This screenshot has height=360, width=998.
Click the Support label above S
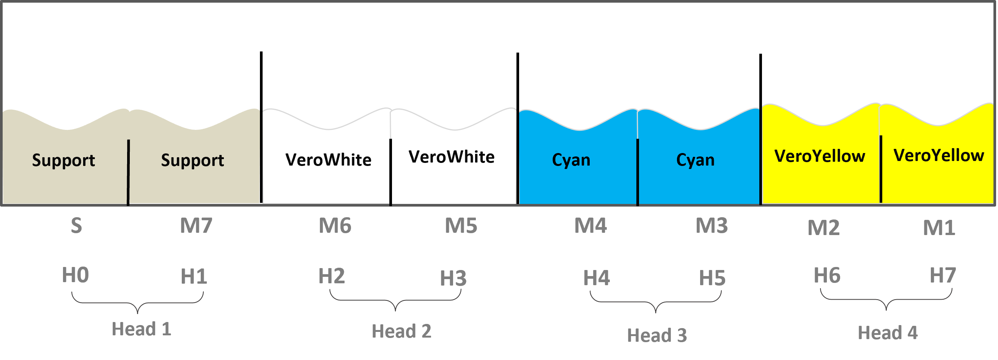point(63,160)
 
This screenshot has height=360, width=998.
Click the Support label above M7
point(192,160)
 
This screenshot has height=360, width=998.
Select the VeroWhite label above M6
point(329,159)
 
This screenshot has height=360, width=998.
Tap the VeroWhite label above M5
point(452,157)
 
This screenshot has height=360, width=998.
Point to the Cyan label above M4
point(571,159)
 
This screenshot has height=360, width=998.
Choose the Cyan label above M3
point(696,159)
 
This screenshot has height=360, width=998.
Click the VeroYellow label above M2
point(820,156)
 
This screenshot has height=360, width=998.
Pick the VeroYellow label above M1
point(939,155)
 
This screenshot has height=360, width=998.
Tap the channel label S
point(76,226)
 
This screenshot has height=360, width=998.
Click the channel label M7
point(197,226)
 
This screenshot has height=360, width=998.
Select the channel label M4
point(591,226)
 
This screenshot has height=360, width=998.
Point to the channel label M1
point(940,228)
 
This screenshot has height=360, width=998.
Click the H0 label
point(76,275)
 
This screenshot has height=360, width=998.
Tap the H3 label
point(454,278)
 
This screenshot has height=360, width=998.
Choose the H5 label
point(713,278)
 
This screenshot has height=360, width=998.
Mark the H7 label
point(943,276)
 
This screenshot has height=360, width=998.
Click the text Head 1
point(142,329)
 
